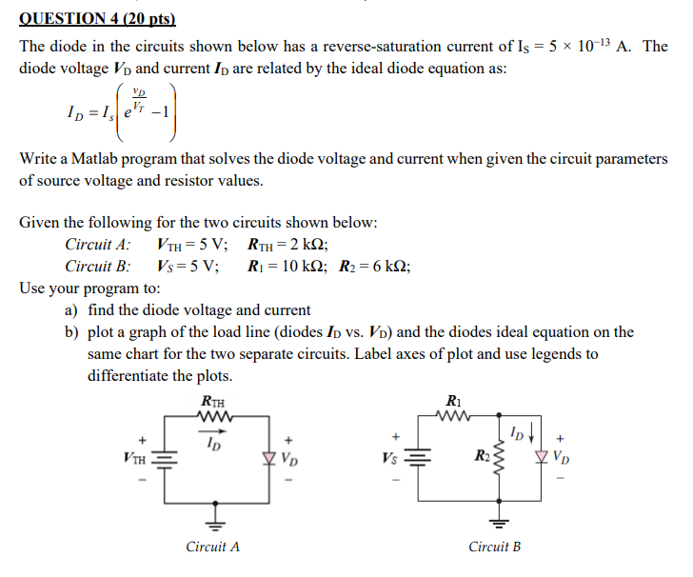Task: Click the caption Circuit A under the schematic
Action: click(213, 547)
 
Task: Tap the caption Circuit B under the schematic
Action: click(495, 547)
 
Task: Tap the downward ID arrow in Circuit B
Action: click(526, 437)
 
